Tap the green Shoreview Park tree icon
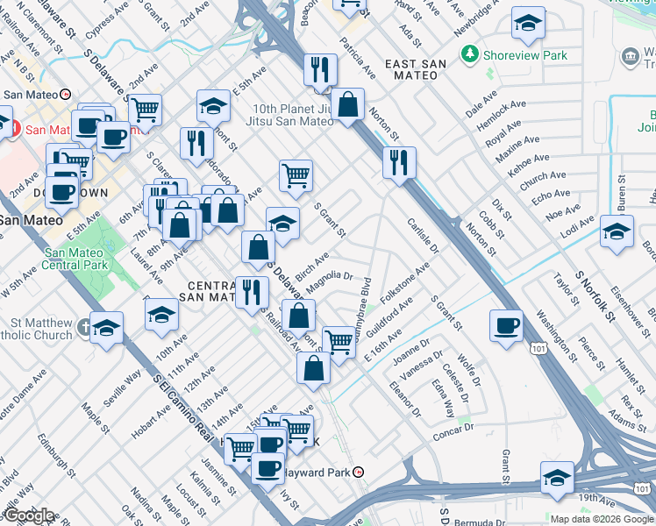coord(471,55)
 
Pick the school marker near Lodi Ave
coord(617,233)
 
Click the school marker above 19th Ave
coord(557,479)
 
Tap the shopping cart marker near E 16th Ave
coord(339,342)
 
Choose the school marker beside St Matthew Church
coord(107,330)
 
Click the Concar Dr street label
coord(453,430)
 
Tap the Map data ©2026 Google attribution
coord(601,519)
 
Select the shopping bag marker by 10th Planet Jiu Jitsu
coord(348,105)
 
